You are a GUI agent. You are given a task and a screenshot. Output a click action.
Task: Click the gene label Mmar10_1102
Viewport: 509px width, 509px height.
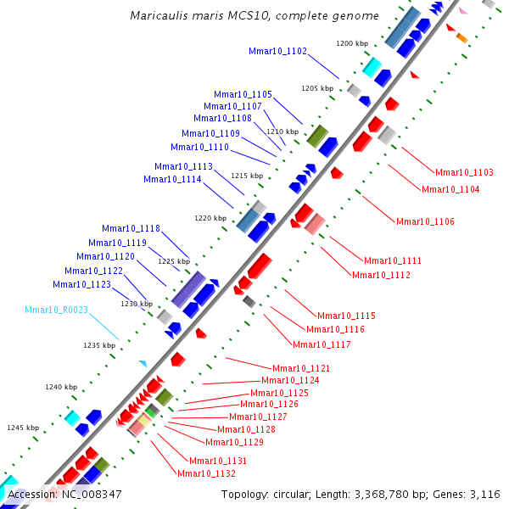[278, 51]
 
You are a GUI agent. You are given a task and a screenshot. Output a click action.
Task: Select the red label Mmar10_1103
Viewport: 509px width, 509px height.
[464, 172]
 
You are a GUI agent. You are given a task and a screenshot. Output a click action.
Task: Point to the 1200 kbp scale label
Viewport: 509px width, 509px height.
[352, 42]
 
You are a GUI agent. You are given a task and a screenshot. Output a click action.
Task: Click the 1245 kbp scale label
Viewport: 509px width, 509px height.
[23, 428]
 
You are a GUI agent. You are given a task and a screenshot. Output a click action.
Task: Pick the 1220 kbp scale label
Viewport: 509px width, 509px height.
[210, 218]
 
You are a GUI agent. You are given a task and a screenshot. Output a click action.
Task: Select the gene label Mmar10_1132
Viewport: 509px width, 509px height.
[206, 473]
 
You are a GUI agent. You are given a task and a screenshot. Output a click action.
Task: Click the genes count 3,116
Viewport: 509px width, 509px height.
[484, 494]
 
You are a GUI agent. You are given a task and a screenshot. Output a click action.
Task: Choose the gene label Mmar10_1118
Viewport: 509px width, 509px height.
[131, 228]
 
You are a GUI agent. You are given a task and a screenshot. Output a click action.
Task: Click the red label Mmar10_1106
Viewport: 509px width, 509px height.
[425, 221]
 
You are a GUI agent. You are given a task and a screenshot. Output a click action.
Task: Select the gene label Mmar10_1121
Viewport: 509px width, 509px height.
[301, 368]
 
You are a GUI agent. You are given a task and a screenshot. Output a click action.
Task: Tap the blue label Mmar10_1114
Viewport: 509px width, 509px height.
[172, 179]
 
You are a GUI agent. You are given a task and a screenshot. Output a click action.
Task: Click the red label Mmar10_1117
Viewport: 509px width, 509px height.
[322, 344]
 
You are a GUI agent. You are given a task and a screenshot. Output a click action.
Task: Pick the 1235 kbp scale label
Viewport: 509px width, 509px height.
[99, 345]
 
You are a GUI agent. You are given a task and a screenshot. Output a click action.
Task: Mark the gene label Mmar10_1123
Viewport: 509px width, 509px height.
[81, 284]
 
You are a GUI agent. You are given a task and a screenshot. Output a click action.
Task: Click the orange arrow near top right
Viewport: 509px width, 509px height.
[461, 37]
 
